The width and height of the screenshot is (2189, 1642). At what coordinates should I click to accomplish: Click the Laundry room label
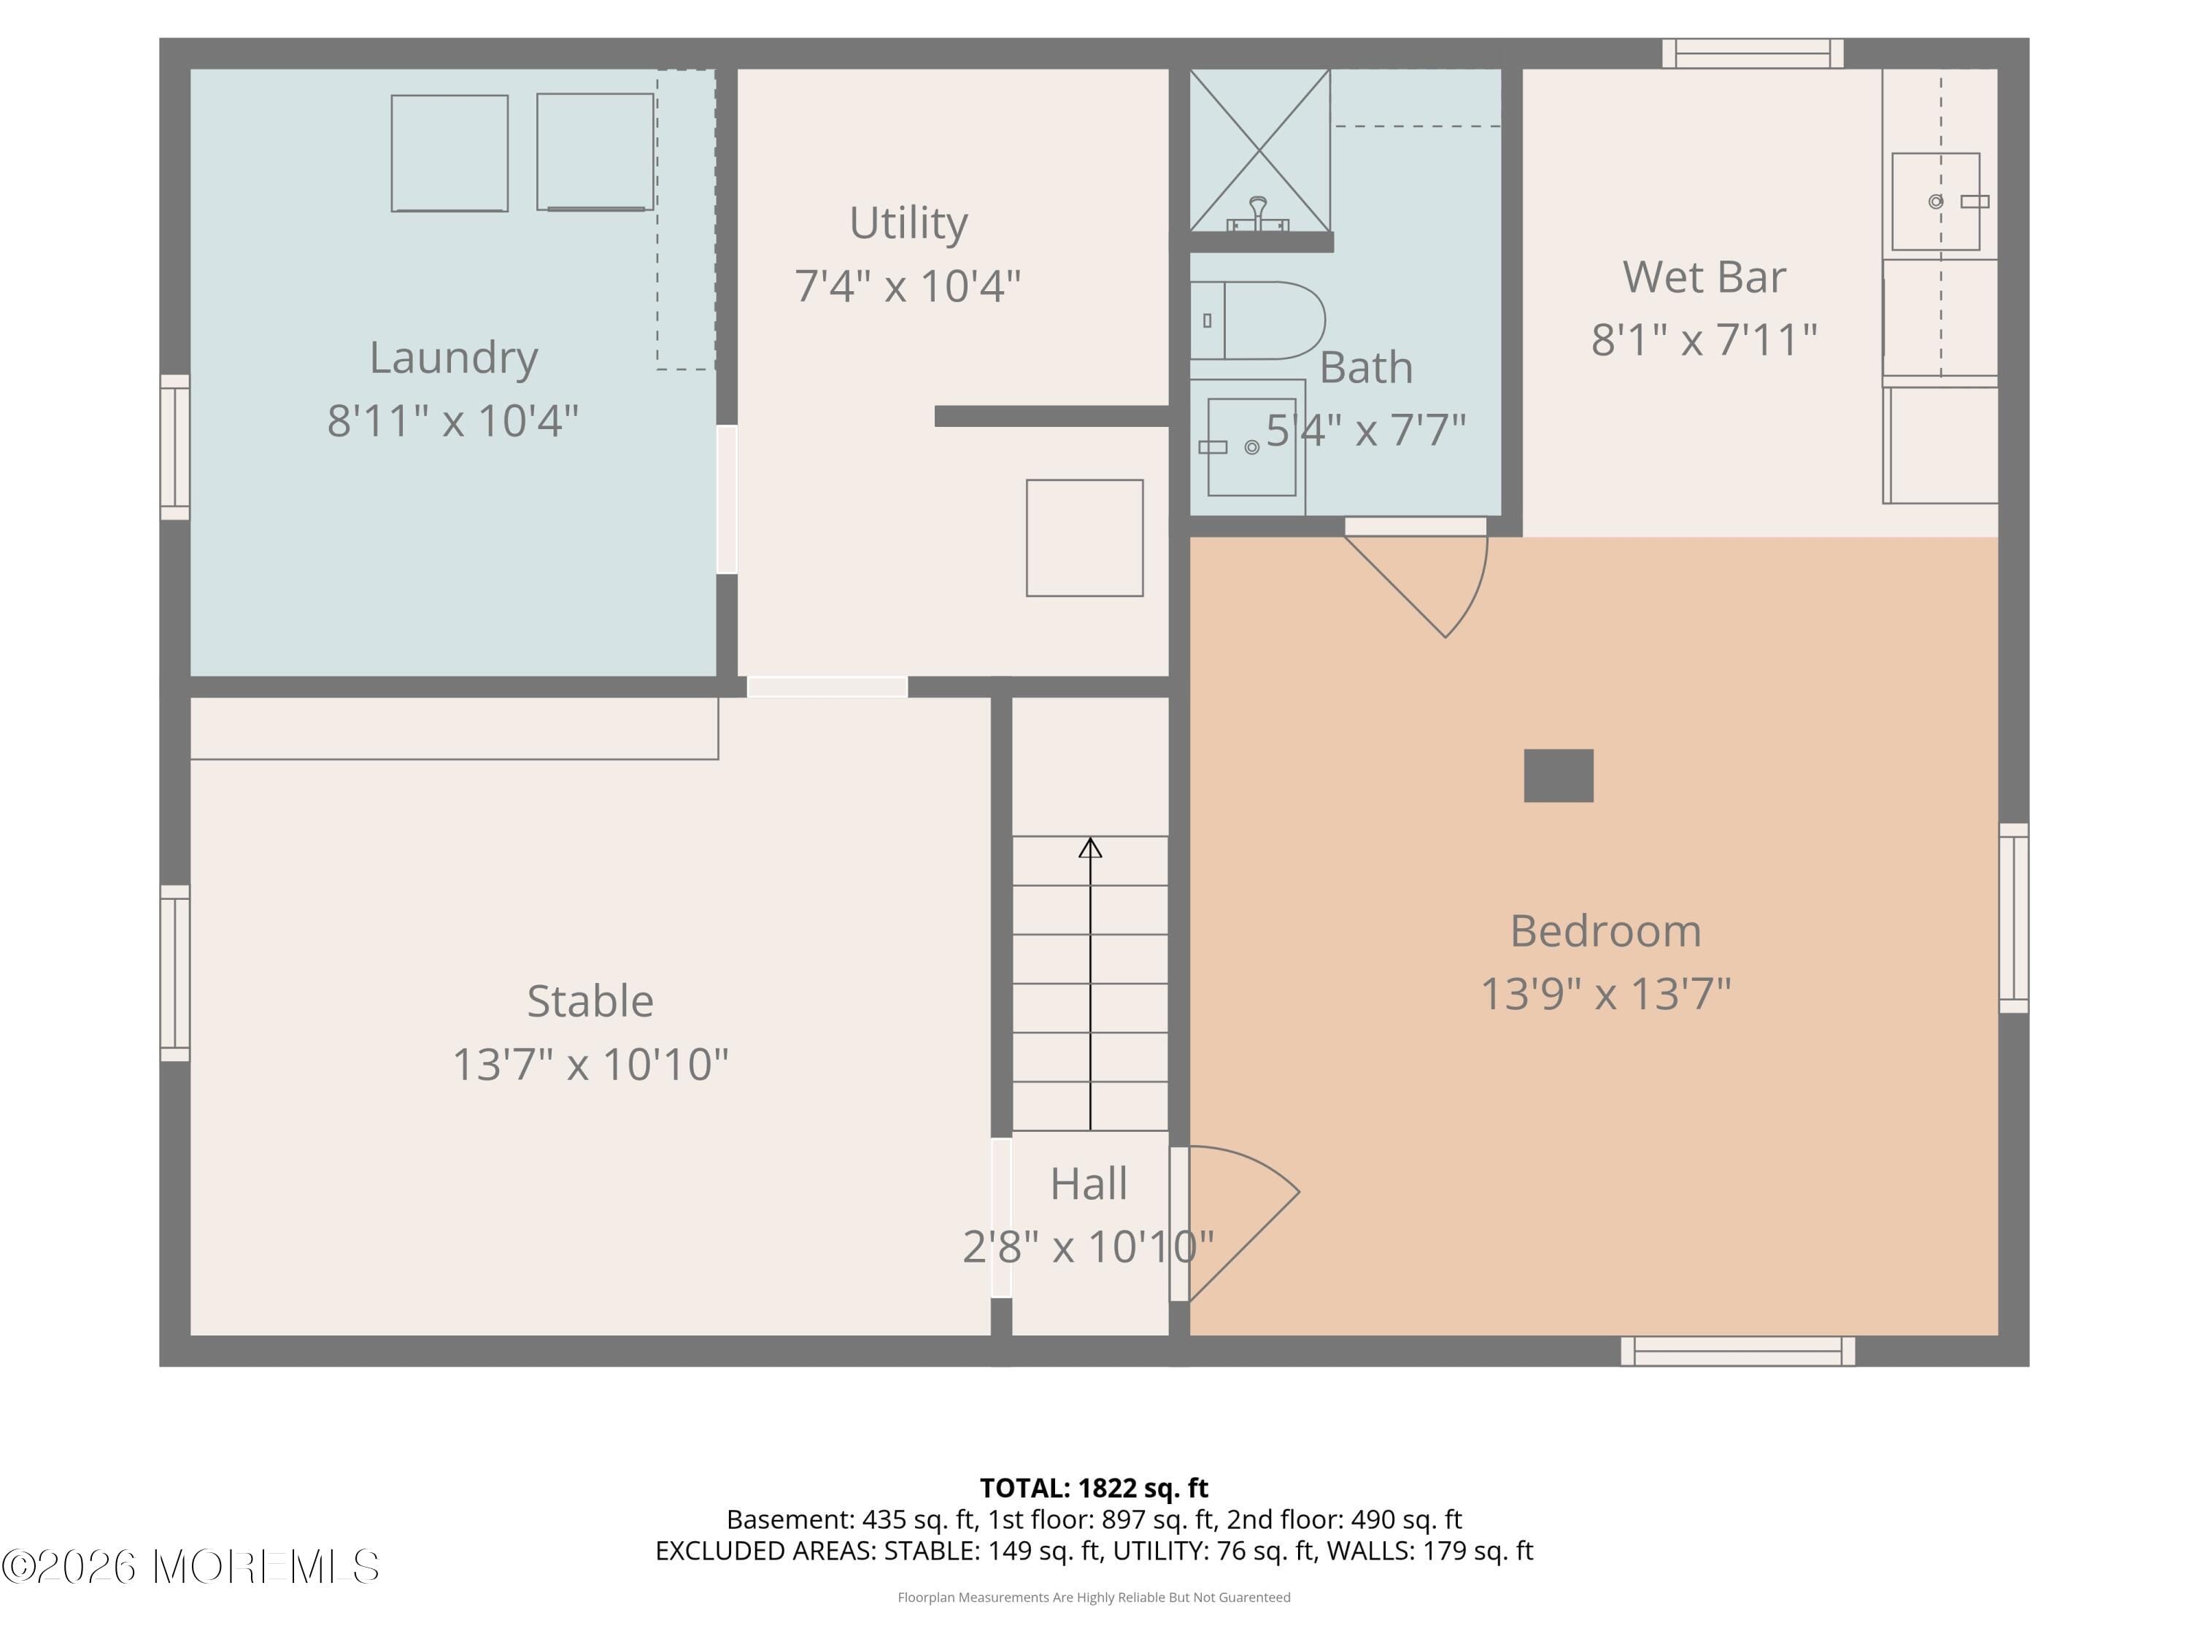tap(453, 358)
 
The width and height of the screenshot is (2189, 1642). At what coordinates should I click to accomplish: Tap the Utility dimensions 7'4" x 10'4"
tap(908, 286)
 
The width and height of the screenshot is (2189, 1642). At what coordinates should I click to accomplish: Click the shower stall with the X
tap(1259, 150)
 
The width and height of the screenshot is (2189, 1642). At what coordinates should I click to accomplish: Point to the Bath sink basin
tap(1251, 447)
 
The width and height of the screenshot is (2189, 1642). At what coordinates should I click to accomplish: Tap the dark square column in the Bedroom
tap(1558, 775)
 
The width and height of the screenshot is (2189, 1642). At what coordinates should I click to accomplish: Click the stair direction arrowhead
tap(1089, 847)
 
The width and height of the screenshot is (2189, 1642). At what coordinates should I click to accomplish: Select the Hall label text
tap(1089, 1183)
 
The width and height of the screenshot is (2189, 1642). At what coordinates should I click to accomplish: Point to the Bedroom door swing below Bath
tap(1425, 584)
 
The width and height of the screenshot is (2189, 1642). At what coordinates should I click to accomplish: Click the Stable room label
tap(590, 1001)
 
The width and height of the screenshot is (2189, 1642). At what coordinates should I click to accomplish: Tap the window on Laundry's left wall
tap(175, 447)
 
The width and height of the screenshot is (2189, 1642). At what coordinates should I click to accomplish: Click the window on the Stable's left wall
tap(175, 973)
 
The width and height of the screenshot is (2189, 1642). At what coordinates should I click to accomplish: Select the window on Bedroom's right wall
tap(2013, 917)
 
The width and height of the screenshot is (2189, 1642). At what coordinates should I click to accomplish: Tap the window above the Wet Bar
tap(1752, 53)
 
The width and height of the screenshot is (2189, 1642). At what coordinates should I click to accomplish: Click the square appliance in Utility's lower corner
tap(1084, 537)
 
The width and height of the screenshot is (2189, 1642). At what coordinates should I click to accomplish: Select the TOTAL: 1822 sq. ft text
tap(1094, 1487)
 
